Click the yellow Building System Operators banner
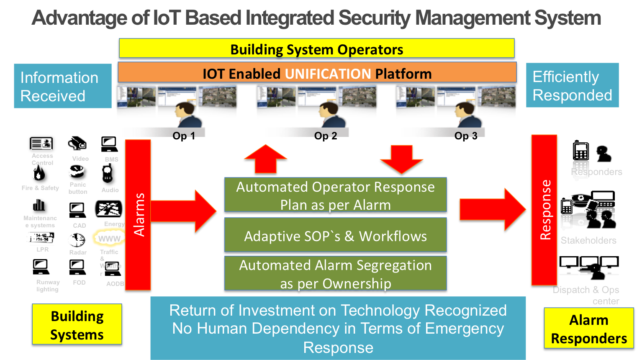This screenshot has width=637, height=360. pos(316,49)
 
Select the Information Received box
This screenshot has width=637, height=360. pos(62,86)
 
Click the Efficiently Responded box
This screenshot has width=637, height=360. pos(572,85)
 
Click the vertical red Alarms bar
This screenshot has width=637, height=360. pos(138,214)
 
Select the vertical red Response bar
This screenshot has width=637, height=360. pos(544,210)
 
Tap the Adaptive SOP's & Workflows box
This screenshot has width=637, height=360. pos(335,236)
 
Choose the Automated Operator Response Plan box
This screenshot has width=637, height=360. pos(335,195)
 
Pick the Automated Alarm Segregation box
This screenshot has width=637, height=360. pos(335,274)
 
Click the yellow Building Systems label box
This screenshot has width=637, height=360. pos(77,325)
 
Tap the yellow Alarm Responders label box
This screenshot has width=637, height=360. pos(588,329)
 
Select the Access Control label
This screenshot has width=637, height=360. pos(42,159)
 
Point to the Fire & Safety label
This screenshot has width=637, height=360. pos(40,188)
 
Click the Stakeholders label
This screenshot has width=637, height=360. pos(588,240)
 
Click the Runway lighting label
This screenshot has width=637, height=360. pos(48,285)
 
